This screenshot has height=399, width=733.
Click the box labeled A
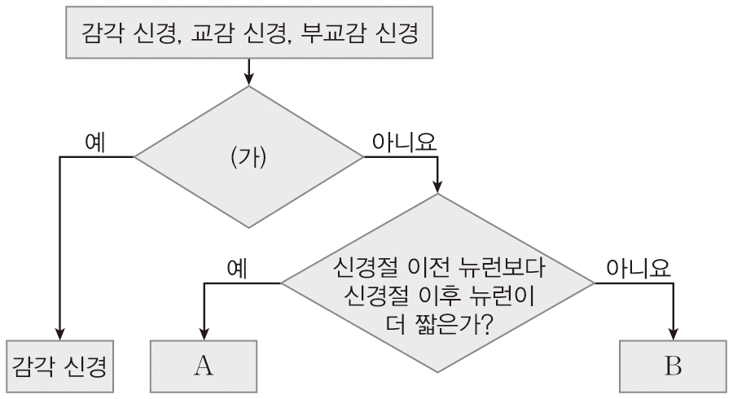203,366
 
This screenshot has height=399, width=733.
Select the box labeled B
672,366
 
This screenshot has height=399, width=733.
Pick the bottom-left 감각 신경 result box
62,366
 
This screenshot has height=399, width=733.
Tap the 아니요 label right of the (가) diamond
404,141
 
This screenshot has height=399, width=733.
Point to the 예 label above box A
239,268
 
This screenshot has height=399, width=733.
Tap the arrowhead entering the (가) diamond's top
248,80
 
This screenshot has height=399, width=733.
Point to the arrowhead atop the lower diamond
438,187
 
